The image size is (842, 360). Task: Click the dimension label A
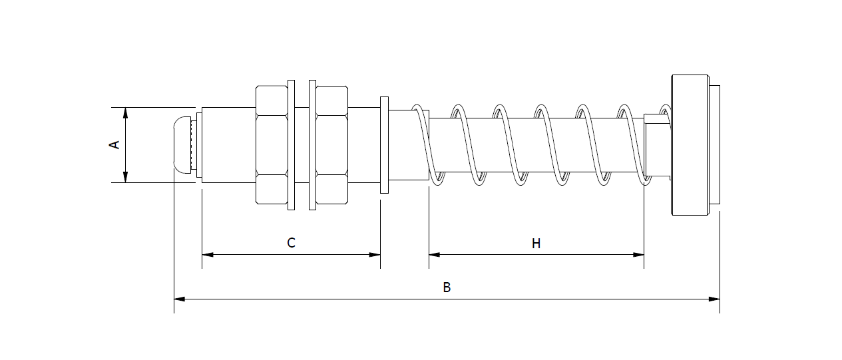click(114, 144)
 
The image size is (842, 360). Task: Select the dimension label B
click(447, 287)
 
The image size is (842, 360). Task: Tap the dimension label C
click(291, 243)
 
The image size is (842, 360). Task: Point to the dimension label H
click(536, 244)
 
